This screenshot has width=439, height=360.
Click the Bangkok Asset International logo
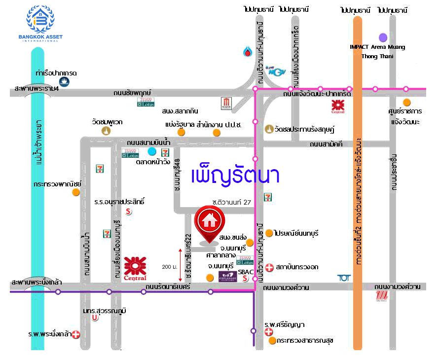coord(40,23)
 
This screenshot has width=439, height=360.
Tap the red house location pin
coord(209,222)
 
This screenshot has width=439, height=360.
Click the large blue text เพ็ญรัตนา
coord(235,176)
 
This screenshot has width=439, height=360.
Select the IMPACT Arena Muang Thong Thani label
coord(377,51)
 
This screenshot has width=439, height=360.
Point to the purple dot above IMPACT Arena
coord(383,37)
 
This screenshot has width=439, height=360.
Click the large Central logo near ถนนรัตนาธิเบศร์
coord(135,268)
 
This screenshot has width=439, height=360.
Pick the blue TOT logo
coord(343,278)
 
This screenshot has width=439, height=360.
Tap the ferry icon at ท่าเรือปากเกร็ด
coord(63,82)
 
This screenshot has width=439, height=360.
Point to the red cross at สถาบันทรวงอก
coord(269,267)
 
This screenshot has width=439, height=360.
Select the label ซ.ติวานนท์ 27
coord(231,202)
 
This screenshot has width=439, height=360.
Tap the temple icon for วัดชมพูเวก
coord(106,131)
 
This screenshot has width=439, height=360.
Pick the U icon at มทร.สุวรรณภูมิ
coord(95,318)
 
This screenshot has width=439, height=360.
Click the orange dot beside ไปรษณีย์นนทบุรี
coord(269,233)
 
